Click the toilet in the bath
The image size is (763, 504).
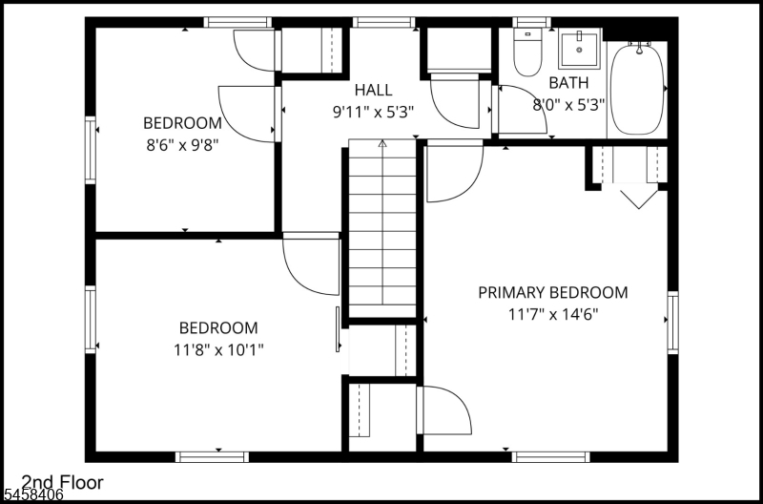527,52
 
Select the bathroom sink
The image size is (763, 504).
579,49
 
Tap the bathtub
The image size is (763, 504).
636,90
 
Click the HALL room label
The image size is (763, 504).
373,90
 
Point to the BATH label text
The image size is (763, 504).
568,83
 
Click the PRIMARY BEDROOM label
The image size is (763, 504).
553,293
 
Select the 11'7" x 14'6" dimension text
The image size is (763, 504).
553,315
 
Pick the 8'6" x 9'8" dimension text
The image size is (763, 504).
182,145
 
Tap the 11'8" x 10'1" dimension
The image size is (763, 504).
218,349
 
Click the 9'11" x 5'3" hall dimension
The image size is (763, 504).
373,113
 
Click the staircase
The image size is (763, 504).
382,228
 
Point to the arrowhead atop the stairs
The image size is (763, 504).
382,143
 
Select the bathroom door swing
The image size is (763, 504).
520,110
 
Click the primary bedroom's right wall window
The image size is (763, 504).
672,322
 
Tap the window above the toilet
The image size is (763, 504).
531,22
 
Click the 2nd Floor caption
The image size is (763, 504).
62,483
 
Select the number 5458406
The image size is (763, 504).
31,495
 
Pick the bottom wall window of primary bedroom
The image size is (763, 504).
550,457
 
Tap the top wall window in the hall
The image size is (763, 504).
384,22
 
